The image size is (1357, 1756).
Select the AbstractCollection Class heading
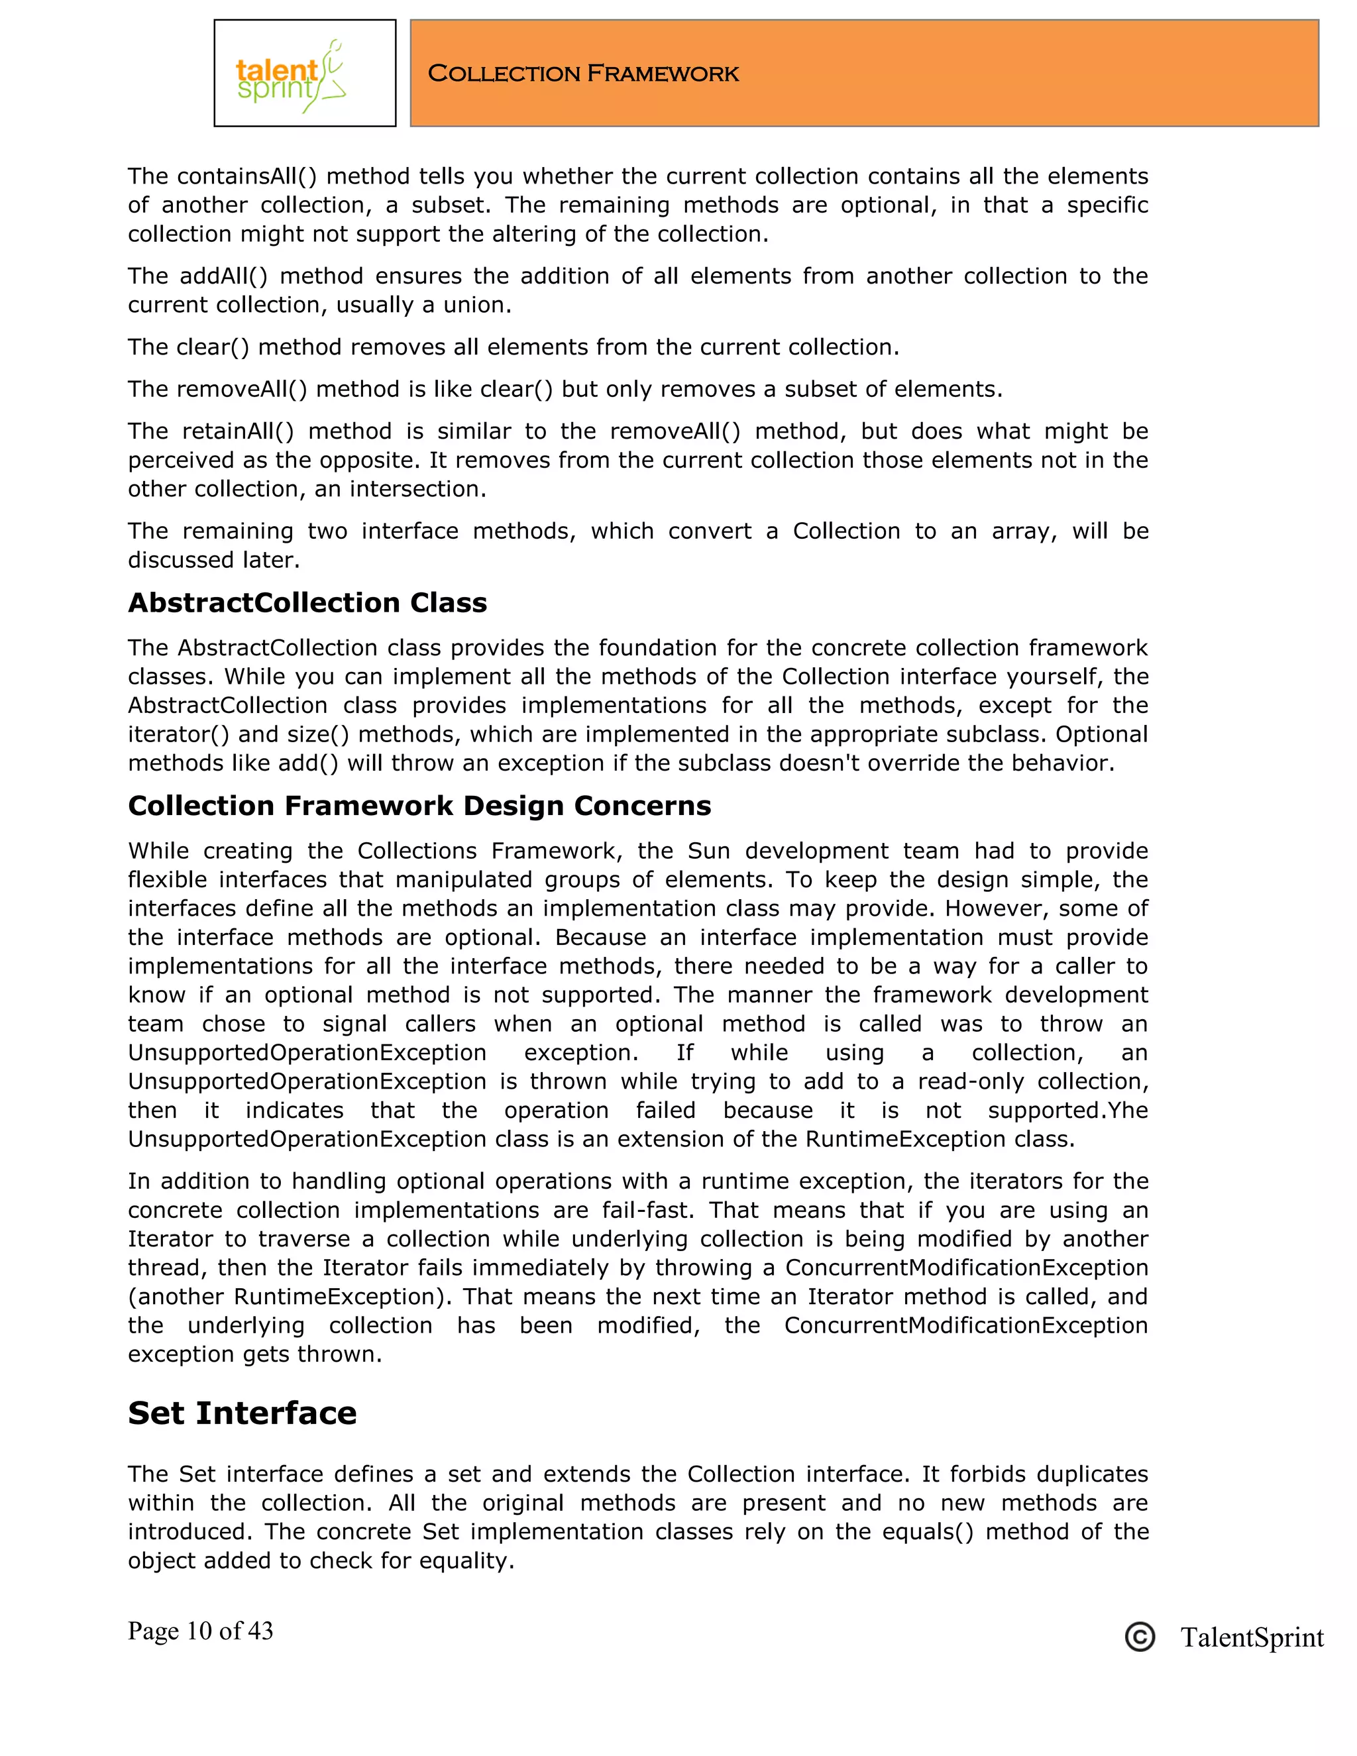(307, 603)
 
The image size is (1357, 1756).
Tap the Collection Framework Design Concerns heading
(419, 806)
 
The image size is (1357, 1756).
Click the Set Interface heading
(242, 1413)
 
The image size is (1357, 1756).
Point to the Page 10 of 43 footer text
(200, 1631)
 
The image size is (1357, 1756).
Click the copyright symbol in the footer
(1139, 1637)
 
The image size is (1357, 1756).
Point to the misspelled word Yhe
(1127, 1111)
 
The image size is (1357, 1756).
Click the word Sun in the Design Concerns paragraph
(708, 851)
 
